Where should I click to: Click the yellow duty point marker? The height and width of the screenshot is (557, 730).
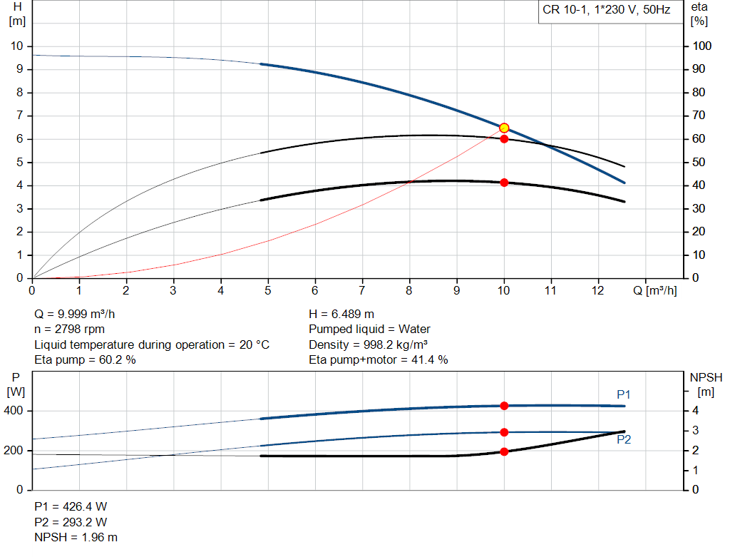[x=504, y=128]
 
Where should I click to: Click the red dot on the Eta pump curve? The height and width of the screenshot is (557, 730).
[x=504, y=138]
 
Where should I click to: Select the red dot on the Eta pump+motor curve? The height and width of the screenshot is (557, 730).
[x=504, y=183]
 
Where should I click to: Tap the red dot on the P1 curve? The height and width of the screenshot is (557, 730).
[x=504, y=406]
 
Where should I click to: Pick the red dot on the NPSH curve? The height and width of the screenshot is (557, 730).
[x=504, y=451]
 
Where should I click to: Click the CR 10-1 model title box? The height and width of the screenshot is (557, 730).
[x=607, y=11]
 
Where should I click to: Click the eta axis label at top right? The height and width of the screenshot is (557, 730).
[x=699, y=7]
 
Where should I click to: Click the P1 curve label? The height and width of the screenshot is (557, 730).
[x=624, y=394]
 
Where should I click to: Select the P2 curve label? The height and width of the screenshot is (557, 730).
[x=624, y=440]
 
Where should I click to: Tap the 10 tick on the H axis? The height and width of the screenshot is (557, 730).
[x=17, y=46]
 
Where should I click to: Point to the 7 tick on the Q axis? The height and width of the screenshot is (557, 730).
[x=362, y=291]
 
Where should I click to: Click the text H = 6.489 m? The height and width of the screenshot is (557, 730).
[x=341, y=314]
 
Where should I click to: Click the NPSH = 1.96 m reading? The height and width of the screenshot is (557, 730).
[x=76, y=537]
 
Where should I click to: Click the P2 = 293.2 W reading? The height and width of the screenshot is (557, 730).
[x=71, y=521]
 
